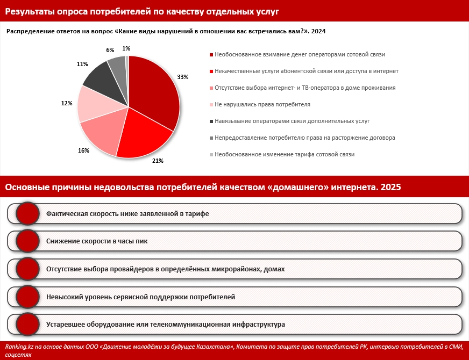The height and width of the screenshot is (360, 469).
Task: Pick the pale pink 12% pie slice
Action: click(x=96, y=103)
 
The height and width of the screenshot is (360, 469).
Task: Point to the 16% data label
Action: click(x=83, y=150)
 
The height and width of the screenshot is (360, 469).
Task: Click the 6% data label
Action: click(x=110, y=50)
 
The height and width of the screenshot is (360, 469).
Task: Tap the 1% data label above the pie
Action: click(x=126, y=48)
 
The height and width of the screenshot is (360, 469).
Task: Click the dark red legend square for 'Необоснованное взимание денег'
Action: click(x=211, y=55)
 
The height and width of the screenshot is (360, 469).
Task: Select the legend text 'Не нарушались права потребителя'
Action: click(x=262, y=105)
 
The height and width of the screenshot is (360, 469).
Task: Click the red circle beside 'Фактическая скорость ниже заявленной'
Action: click(x=27, y=214)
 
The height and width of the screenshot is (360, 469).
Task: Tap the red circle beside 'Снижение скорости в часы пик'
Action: click(x=27, y=241)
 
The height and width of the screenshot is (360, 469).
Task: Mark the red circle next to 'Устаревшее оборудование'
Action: click(x=27, y=325)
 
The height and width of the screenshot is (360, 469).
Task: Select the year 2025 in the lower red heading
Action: click(x=391, y=187)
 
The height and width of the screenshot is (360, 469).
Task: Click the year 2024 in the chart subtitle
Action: click(x=318, y=31)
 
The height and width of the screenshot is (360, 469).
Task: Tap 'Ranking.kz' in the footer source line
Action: click(x=19, y=347)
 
